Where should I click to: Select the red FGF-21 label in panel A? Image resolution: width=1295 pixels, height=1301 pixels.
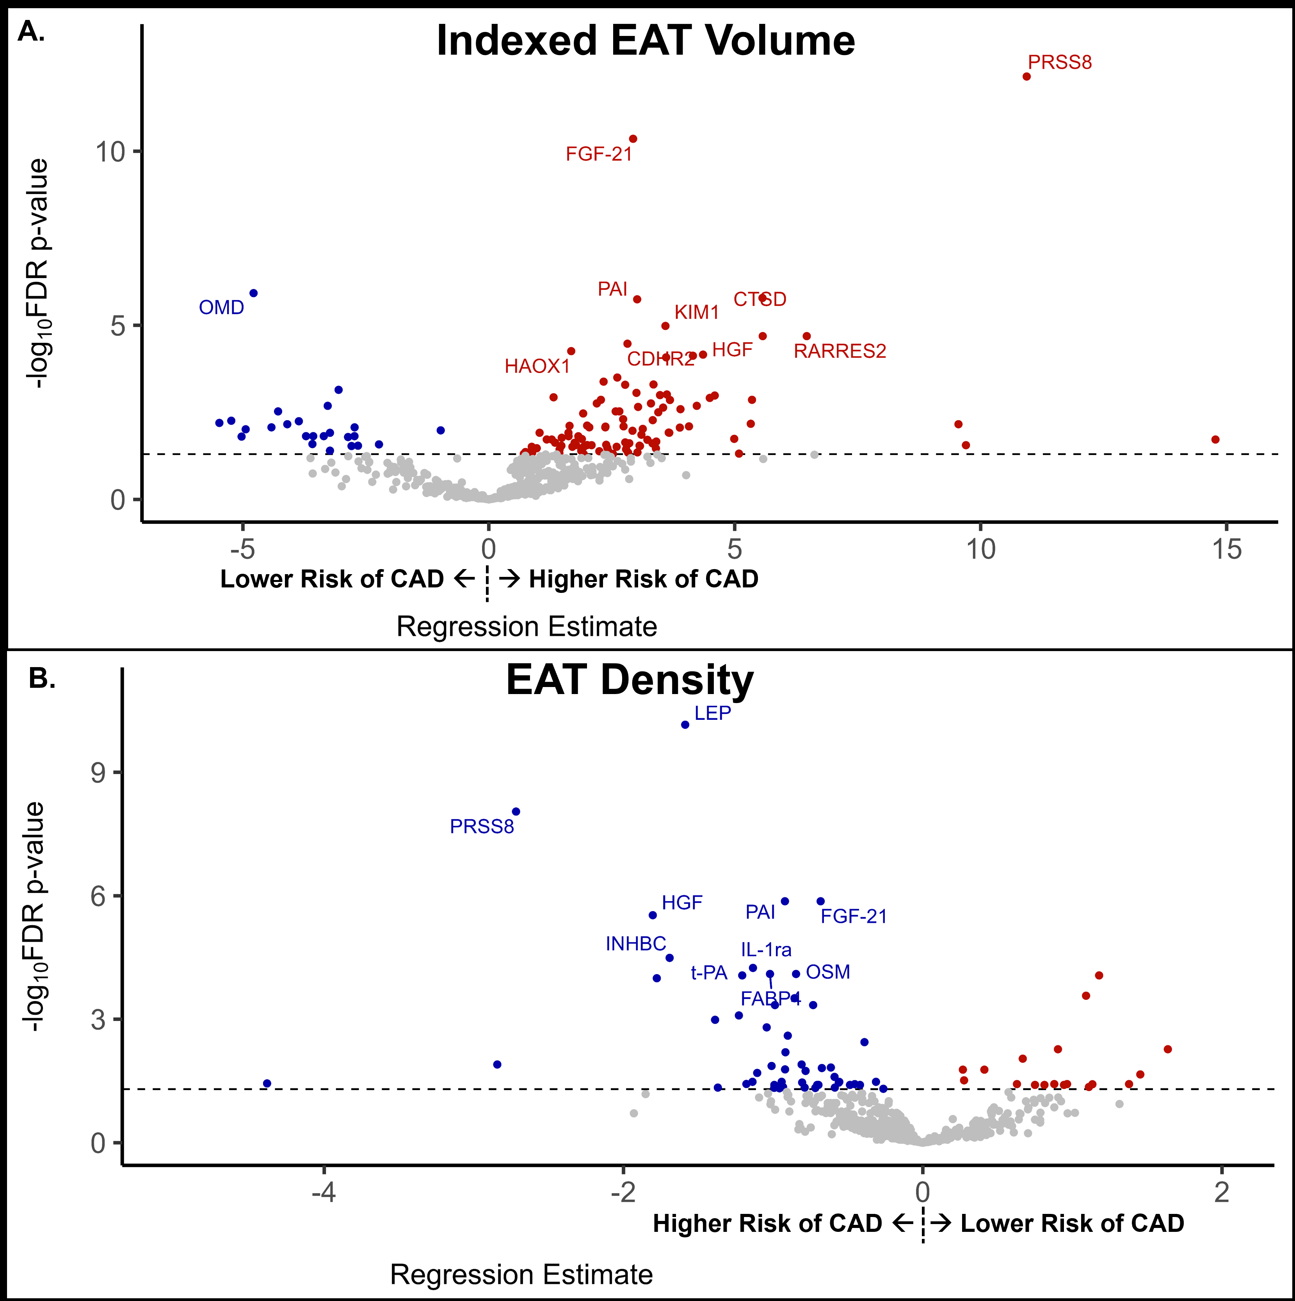click(x=599, y=154)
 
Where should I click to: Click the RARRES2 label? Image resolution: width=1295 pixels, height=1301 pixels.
click(x=839, y=351)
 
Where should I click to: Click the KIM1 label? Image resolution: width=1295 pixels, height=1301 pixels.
click(x=697, y=312)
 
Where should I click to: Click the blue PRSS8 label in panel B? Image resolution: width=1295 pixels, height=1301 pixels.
click(x=482, y=826)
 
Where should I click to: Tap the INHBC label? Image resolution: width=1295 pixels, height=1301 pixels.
click(x=635, y=943)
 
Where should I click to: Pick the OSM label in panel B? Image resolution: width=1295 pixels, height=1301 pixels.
click(x=828, y=972)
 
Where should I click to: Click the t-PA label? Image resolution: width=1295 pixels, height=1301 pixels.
click(x=709, y=973)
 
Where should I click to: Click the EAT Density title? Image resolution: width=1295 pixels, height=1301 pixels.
click(x=629, y=680)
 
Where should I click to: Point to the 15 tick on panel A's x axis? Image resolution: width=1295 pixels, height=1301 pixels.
click(x=1226, y=550)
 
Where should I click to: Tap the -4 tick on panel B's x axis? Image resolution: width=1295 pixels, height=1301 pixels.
click(x=324, y=1192)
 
